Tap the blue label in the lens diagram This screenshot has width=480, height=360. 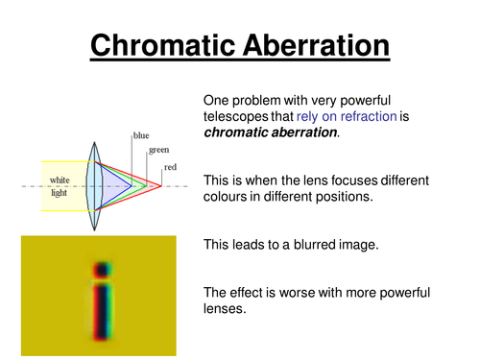point(141,136)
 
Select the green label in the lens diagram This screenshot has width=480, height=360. point(157,150)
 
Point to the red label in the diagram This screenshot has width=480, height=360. point(169,167)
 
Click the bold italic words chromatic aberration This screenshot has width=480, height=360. point(269,132)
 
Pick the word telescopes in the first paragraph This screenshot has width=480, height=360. point(238,116)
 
